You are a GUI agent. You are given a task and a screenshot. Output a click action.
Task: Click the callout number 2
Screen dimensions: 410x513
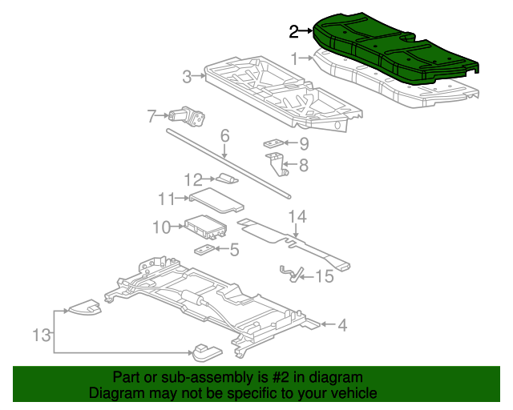point(294,32)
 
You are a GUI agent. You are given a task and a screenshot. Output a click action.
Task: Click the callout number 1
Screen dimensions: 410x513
point(295,58)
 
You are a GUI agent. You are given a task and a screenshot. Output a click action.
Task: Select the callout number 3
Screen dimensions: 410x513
point(187,77)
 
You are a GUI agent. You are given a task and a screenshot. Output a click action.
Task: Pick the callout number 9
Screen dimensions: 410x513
point(304,144)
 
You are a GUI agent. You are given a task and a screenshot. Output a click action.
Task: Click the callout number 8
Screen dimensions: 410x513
point(303,166)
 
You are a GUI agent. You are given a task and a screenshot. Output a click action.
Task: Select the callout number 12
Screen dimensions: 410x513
point(193,179)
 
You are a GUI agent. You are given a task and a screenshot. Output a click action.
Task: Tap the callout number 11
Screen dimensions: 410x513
point(166,198)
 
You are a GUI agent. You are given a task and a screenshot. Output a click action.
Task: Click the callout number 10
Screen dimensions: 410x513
point(162,227)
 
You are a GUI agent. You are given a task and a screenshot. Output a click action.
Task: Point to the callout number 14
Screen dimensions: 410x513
point(297,216)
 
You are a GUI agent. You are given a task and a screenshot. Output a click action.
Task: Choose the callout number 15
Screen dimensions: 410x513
point(324,277)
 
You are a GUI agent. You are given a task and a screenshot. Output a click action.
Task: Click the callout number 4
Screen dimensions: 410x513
point(342,325)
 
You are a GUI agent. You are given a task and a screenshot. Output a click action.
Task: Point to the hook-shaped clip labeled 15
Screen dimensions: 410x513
point(290,273)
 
